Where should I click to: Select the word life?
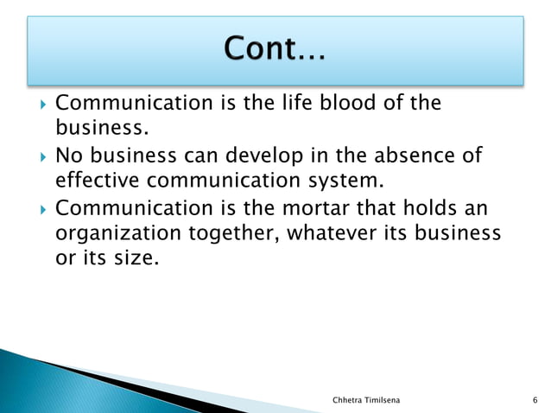pos(302,104)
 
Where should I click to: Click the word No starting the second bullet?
pos(69,156)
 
